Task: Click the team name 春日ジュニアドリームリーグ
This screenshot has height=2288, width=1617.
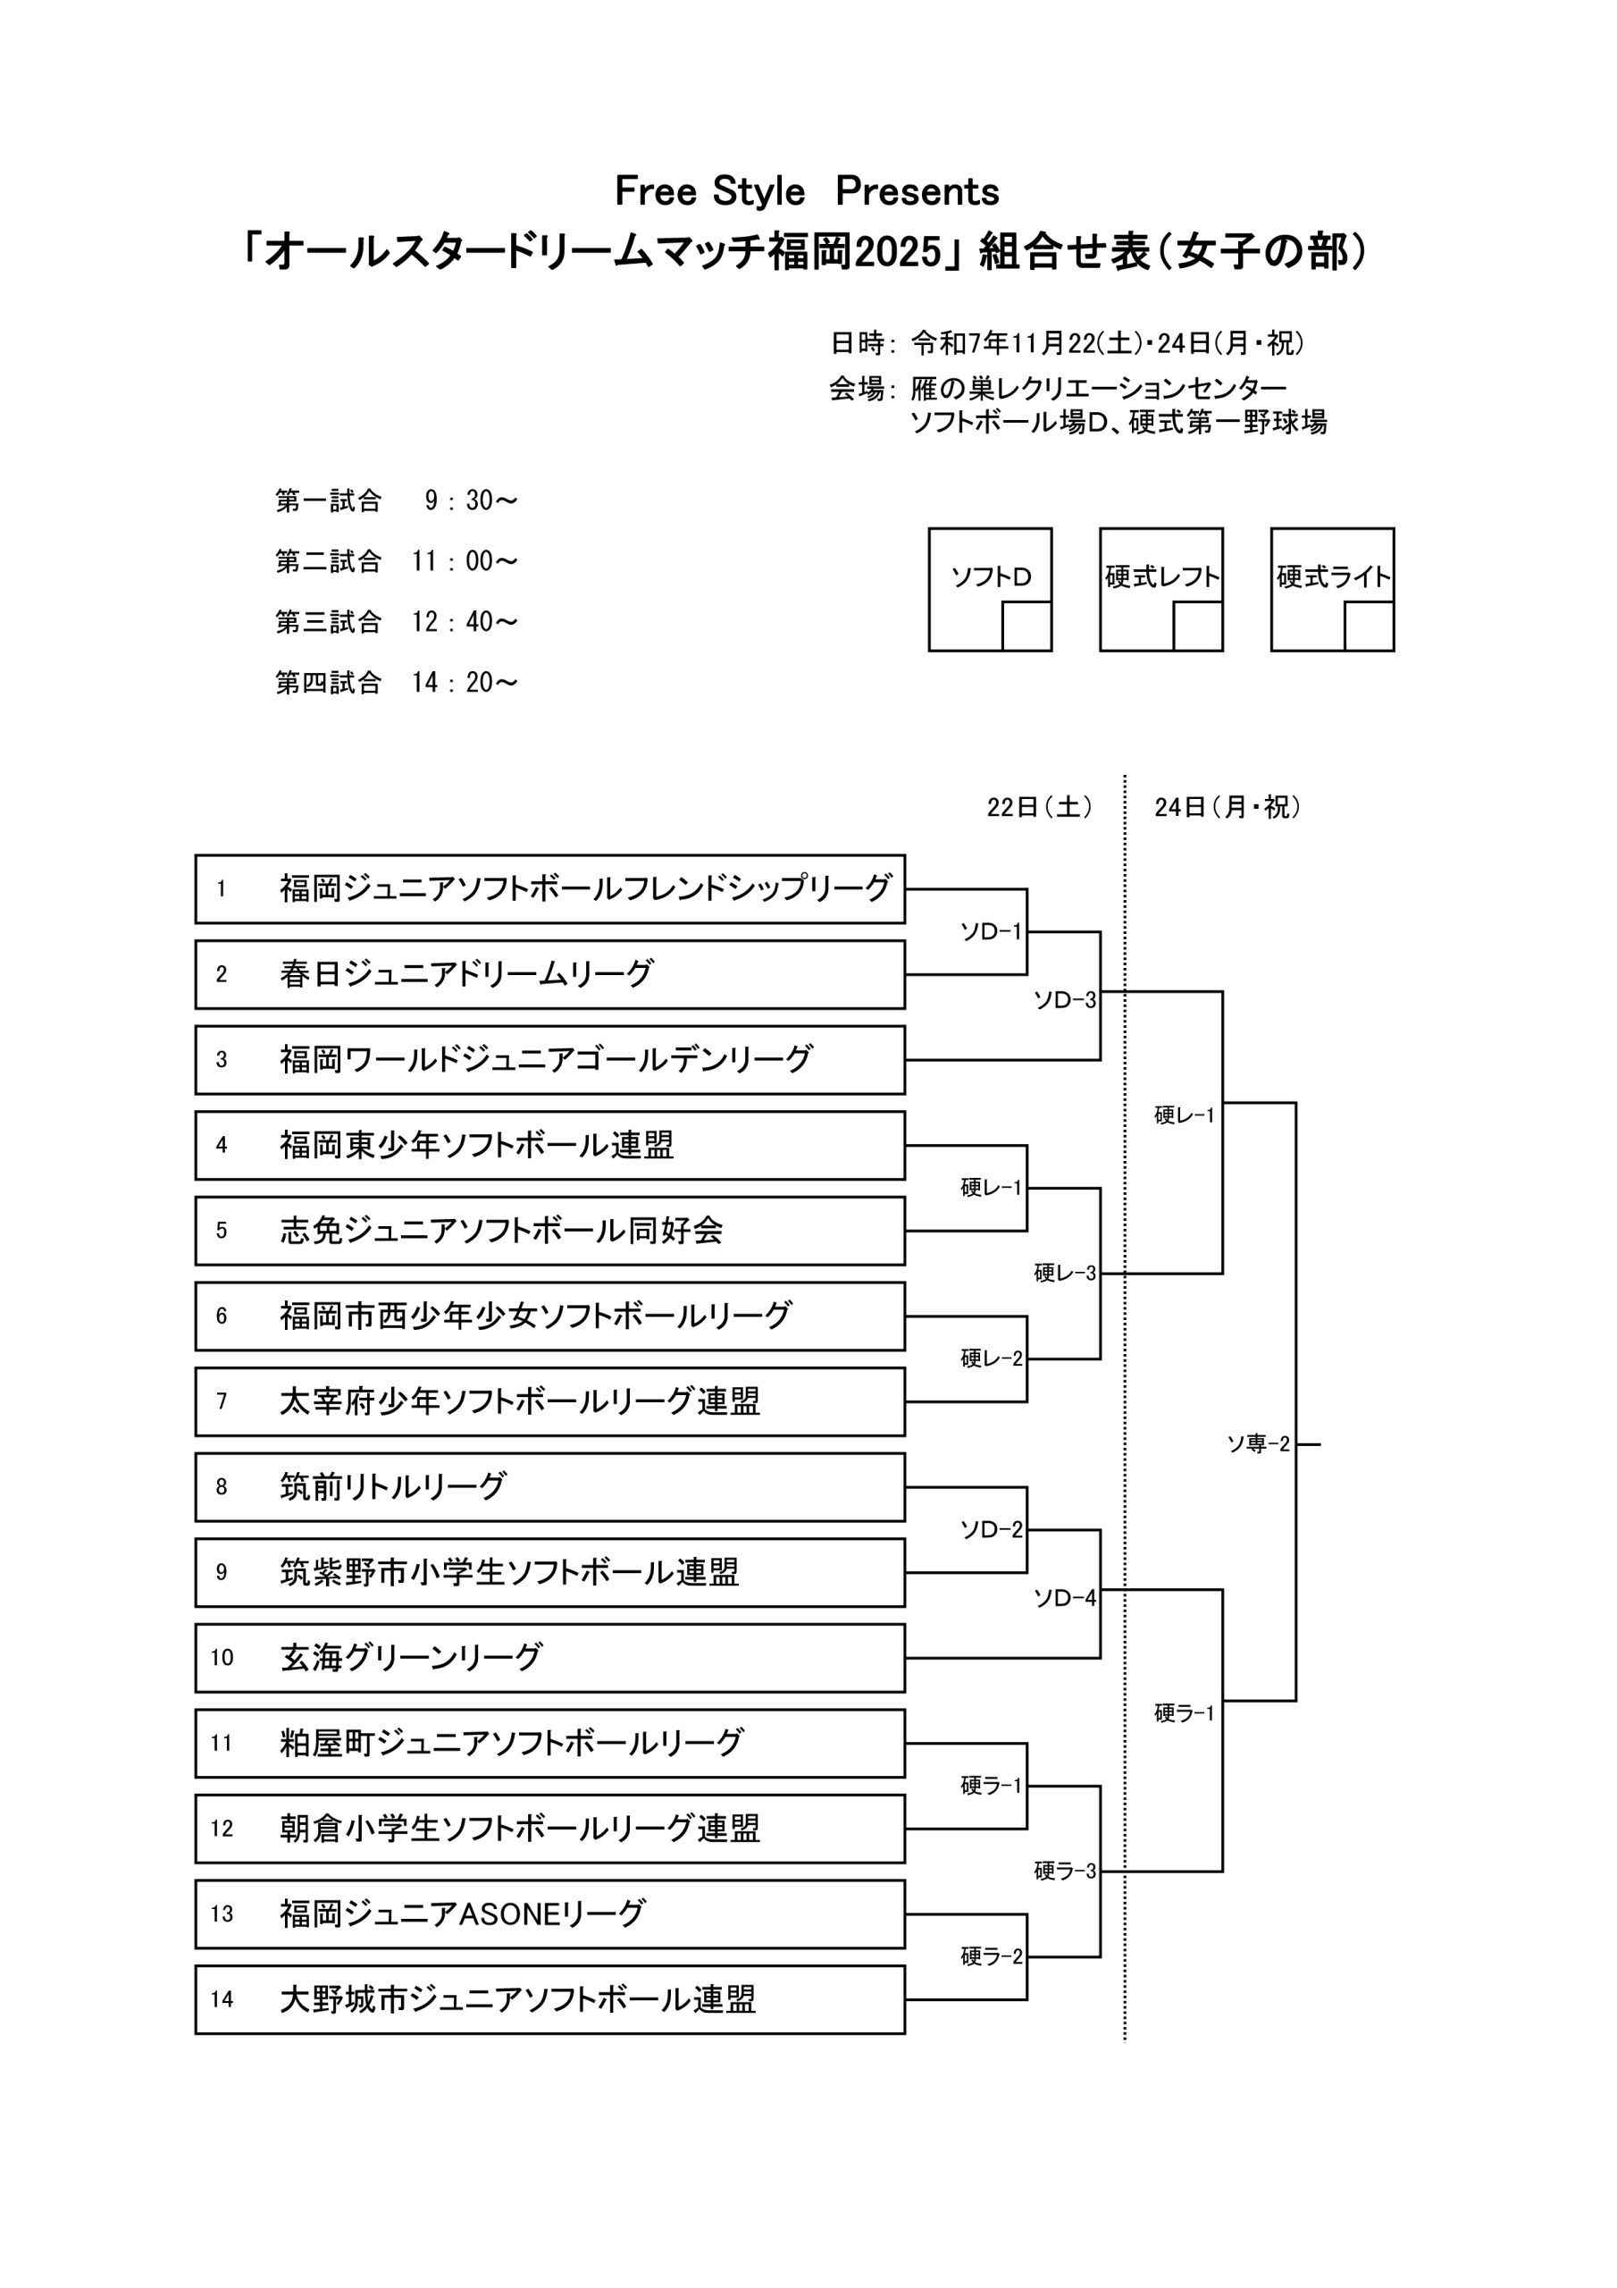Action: coord(465,973)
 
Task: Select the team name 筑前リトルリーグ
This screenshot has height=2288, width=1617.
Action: coord(392,1485)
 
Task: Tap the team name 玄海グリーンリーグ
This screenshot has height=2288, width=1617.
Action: coord(410,1657)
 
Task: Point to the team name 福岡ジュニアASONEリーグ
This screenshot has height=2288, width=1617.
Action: coord(462,1914)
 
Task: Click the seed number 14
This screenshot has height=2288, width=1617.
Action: coord(222,1999)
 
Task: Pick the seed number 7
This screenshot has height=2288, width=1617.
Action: coord(222,1401)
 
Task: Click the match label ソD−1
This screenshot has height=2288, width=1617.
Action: coord(991,932)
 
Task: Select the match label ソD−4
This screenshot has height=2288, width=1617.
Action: coord(1064,1598)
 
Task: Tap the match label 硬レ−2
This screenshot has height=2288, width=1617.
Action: coord(991,1358)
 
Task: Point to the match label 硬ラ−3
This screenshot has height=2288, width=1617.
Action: coord(1064,1872)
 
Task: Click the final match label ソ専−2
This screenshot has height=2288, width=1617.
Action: coord(1257,1444)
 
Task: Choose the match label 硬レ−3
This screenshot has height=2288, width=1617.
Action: coord(1064,1273)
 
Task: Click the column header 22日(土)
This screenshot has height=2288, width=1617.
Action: coord(1039,807)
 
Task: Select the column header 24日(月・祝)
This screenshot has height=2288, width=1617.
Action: coord(1227,807)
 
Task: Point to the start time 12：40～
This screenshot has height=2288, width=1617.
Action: coord(465,622)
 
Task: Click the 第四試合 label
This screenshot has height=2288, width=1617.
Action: coord(328,683)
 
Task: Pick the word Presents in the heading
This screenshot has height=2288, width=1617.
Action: coord(917,191)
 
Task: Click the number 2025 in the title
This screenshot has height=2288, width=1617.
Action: coord(897,253)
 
